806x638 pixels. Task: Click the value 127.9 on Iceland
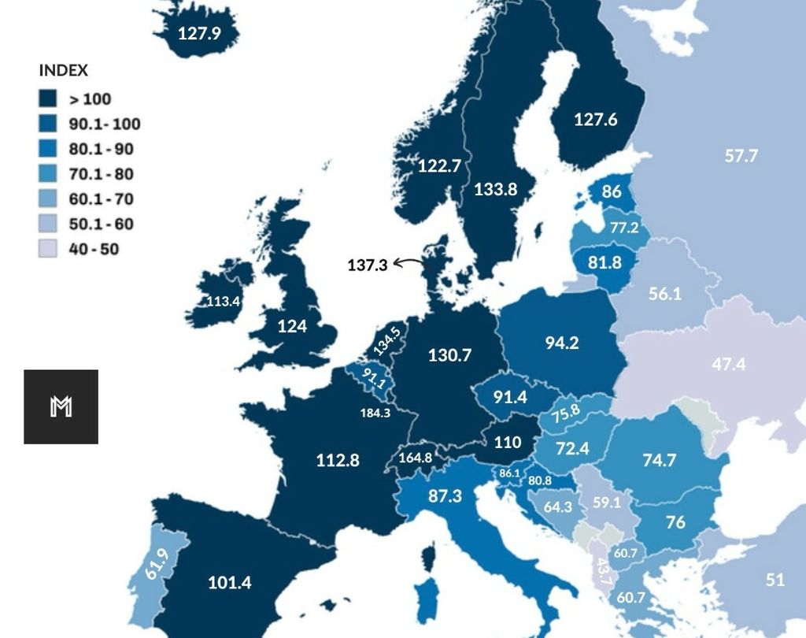[199, 34]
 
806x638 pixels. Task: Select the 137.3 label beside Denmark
[368, 265]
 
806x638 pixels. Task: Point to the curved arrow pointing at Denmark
[409, 263]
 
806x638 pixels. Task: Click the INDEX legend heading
[63, 71]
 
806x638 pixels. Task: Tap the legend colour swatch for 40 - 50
[49, 249]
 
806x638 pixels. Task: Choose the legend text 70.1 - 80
[101, 174]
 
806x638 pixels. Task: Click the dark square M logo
[61, 406]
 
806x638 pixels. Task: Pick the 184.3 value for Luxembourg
[375, 413]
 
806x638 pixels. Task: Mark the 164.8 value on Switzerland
[416, 458]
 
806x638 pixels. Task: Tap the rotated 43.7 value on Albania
[603, 571]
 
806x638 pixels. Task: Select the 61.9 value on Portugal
[157, 565]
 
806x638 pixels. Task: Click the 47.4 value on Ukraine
[728, 364]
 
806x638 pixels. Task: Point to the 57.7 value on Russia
[741, 155]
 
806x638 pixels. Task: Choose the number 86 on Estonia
[612, 191]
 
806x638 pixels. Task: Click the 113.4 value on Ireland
[223, 301]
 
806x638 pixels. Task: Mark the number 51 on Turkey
[775, 580]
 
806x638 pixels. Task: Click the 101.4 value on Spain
[230, 583]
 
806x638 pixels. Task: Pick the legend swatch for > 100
[49, 99]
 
